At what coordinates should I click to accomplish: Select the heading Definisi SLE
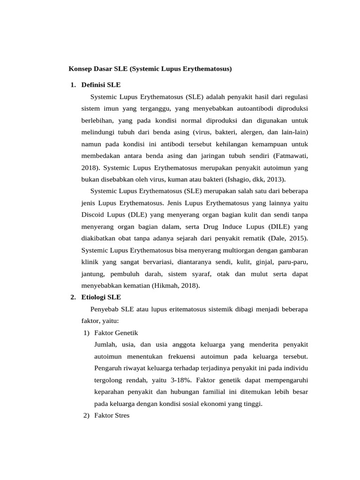[101, 85]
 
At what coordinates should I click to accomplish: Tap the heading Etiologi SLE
[101, 297]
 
